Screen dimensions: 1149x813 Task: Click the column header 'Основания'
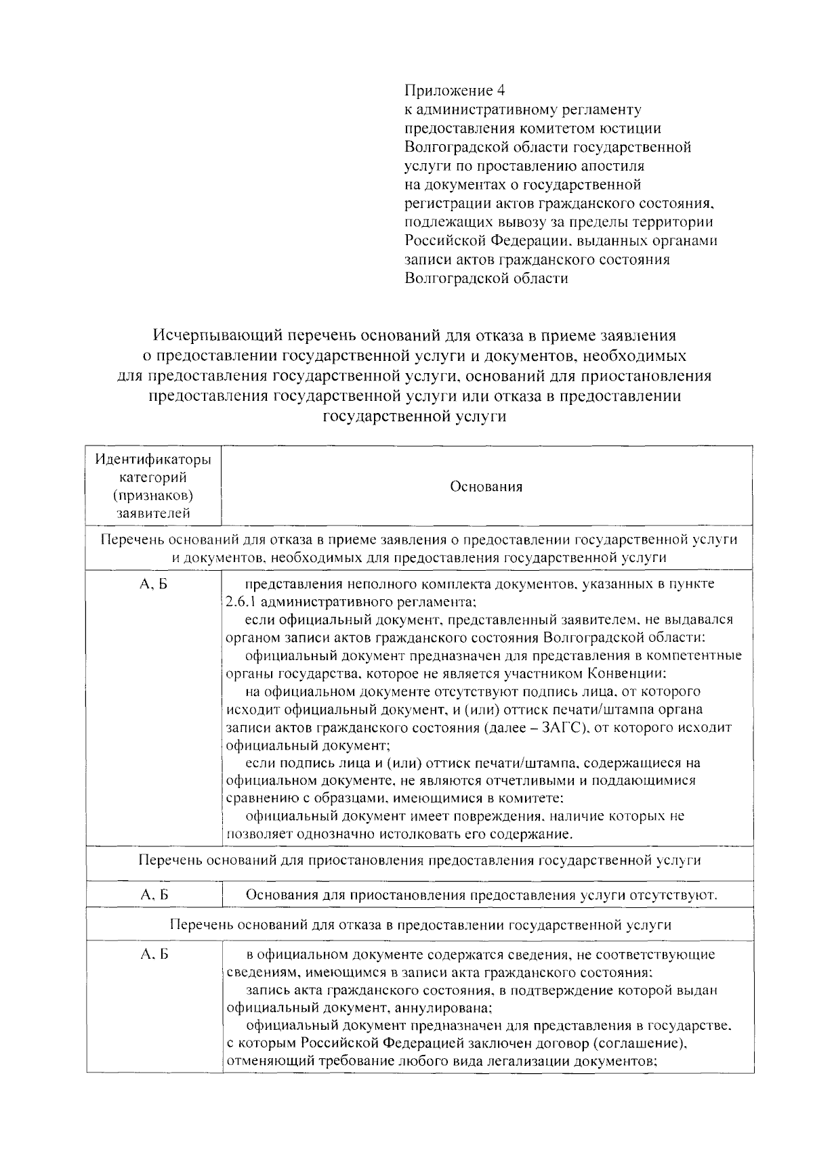point(486,487)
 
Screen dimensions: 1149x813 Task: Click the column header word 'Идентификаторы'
point(153,460)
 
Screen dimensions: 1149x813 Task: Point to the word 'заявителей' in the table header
point(153,513)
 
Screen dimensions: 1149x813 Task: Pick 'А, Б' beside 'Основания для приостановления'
point(154,895)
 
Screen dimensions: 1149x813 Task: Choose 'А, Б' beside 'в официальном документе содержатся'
point(154,955)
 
